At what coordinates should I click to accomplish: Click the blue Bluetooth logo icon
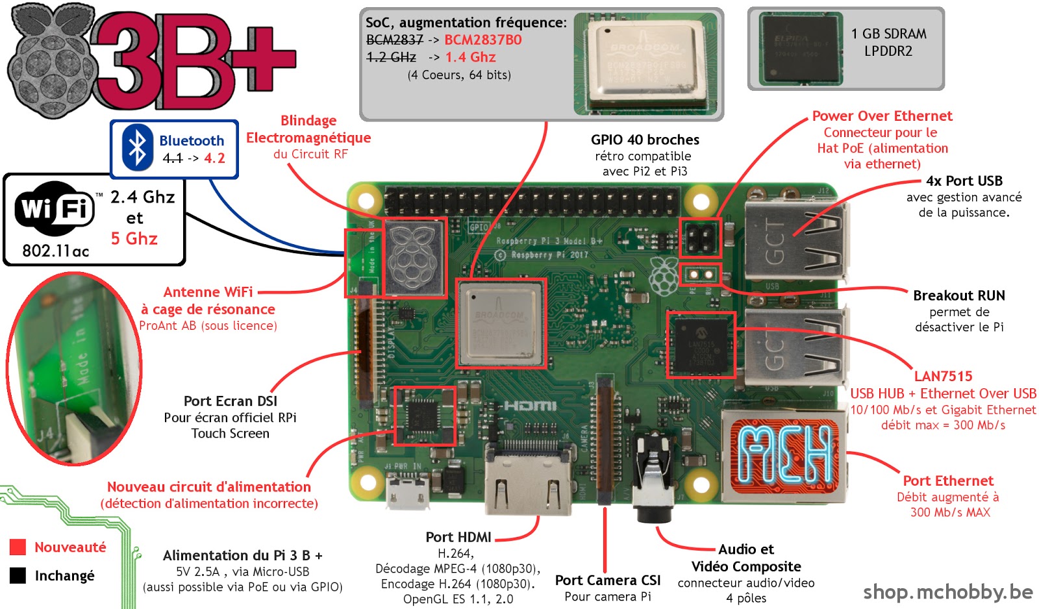pos(137,149)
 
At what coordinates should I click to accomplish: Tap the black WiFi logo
pos(55,209)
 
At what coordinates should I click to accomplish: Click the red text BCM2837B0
pos(482,40)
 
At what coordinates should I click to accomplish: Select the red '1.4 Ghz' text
pos(470,57)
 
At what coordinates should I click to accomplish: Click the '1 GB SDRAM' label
pos(888,34)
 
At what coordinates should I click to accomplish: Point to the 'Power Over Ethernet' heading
pos(882,116)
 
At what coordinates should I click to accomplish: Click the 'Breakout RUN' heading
pos(958,295)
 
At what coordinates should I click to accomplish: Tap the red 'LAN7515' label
pos(943,377)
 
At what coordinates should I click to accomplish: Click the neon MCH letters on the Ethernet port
pos(784,454)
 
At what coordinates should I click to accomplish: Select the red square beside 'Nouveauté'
pos(18,547)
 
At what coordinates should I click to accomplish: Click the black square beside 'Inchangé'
pos(18,575)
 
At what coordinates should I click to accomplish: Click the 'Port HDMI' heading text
pos(458,537)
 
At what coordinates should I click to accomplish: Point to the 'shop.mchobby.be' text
pos(947,591)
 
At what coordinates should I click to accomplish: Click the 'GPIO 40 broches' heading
pos(645,140)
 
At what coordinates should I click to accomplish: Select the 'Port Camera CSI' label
pos(607,580)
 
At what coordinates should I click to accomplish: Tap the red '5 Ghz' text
pos(134,239)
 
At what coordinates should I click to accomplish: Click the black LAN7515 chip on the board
pos(701,345)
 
